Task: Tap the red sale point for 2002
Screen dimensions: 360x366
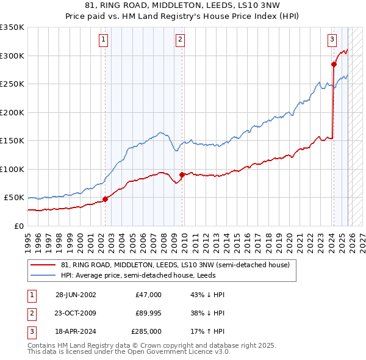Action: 105,198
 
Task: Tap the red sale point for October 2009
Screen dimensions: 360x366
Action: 182,175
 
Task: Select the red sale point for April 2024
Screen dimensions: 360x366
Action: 334,63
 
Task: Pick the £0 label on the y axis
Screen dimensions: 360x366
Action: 18,226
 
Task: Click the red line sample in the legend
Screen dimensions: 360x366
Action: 43,265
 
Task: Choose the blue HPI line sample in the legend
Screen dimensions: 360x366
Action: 43,275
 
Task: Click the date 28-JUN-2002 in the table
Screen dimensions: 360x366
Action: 76,295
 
